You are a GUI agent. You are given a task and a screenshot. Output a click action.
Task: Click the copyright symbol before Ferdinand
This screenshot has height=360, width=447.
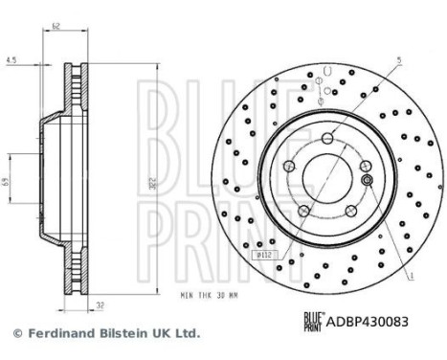(x=15, y=334)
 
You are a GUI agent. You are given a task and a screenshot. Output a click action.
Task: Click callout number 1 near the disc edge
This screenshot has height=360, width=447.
(x=412, y=276)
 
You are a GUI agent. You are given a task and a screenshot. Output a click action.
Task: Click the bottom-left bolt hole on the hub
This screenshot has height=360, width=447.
(x=302, y=211)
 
